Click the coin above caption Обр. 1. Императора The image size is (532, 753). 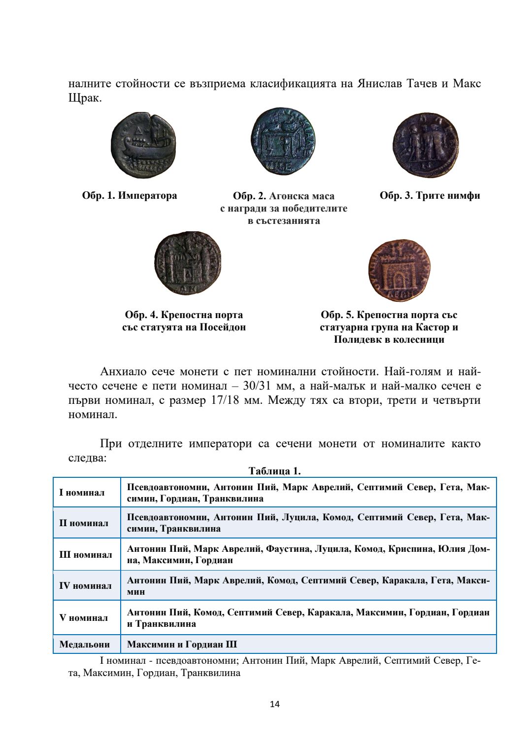[x=143, y=145]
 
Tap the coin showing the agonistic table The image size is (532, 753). [x=283, y=142]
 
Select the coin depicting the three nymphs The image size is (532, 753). [x=426, y=145]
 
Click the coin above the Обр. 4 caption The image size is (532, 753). [x=188, y=263]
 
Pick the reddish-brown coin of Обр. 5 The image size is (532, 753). [x=399, y=270]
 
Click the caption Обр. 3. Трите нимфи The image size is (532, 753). [x=430, y=196]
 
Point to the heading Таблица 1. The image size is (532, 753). [x=274, y=471]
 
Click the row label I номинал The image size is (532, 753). [x=82, y=493]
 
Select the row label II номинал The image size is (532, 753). [x=84, y=523]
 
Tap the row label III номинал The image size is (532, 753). [x=86, y=555]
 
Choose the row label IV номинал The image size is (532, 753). [x=86, y=586]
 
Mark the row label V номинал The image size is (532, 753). [x=84, y=618]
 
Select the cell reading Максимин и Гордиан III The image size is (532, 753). [x=182, y=644]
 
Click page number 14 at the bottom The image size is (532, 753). [x=275, y=704]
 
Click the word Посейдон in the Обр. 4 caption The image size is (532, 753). [x=223, y=327]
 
